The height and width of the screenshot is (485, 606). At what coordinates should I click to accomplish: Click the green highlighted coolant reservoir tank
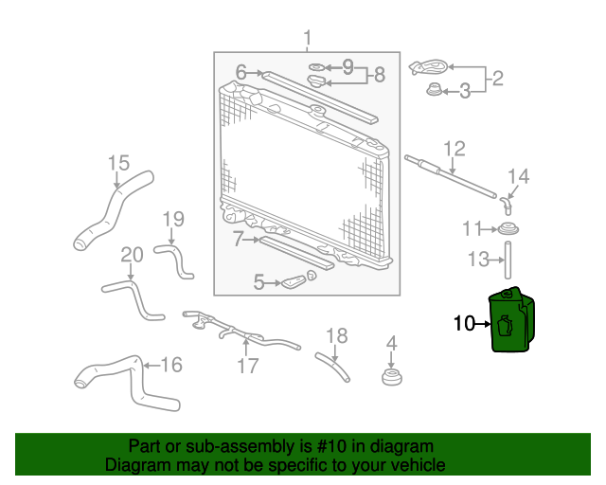pos(512,320)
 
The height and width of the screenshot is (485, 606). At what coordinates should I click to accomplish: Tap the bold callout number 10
pos(464,323)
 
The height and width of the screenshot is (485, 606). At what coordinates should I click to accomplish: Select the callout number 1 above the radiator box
pos(307,38)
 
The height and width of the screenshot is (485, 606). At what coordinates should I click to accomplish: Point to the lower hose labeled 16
pos(136,381)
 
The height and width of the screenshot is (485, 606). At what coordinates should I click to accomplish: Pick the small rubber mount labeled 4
pos(392,377)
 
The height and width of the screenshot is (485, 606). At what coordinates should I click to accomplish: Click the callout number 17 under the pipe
pos(247,366)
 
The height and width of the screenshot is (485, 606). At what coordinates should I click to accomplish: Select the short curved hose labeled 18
pos(332,367)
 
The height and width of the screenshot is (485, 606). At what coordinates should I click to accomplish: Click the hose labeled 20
pos(136,298)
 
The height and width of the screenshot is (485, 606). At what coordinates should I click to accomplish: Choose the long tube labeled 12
pos(451,176)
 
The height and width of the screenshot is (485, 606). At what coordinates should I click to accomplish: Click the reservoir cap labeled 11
pos(508,229)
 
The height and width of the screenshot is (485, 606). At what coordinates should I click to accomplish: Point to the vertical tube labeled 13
pos(508,260)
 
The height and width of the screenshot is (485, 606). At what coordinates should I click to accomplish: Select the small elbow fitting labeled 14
pos(507,205)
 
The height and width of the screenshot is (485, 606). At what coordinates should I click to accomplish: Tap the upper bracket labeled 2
pos(429,67)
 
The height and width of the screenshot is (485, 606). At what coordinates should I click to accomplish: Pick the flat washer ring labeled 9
pos(317,67)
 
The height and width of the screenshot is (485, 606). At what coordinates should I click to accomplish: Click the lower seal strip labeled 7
pos(296,253)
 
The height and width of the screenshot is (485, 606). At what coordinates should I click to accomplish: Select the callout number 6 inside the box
pos(241,72)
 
